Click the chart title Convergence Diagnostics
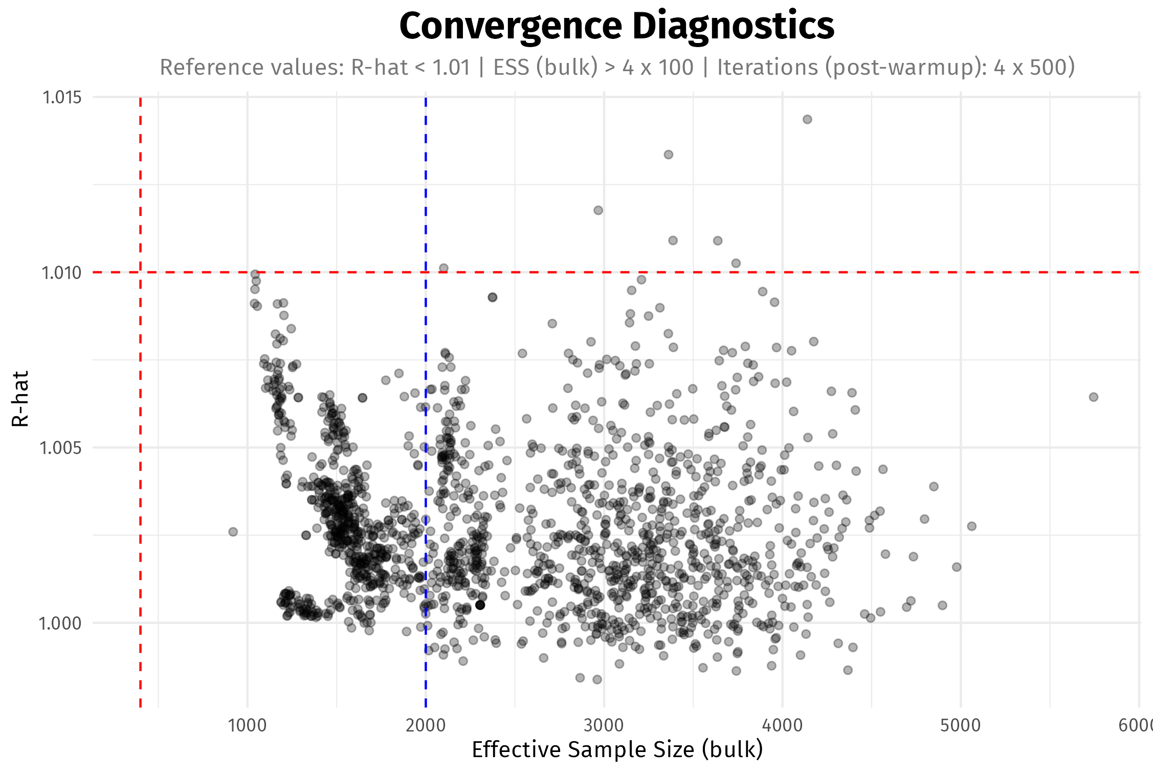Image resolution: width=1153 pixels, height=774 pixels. coord(616,26)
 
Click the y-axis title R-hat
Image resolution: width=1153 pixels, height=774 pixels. coord(20,399)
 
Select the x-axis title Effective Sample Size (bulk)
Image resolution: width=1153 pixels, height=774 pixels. coord(617,749)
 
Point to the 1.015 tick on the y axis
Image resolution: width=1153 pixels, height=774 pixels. coord(62,97)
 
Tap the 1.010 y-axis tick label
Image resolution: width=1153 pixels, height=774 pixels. coord(61,273)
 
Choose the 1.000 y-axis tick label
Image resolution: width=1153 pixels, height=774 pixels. coord(61,623)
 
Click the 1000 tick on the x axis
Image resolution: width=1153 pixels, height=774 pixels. coord(247,725)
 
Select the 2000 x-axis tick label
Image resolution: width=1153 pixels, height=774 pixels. coord(426,725)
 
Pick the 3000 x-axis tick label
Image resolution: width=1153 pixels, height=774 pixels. coord(604,725)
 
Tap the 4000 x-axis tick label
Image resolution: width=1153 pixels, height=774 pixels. coord(782,725)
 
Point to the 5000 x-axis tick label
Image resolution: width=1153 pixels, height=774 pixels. coord(960,725)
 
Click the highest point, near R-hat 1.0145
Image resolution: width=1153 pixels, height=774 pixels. coord(807,119)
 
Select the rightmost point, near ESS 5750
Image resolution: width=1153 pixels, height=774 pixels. coord(1093,397)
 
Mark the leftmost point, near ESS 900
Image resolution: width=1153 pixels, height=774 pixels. coord(233,532)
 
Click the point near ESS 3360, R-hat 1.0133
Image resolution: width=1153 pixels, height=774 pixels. coord(668,155)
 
